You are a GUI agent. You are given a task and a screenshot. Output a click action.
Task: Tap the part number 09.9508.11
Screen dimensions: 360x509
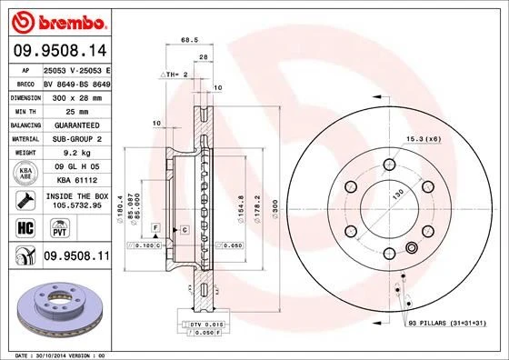pyautogui.click(x=76, y=259)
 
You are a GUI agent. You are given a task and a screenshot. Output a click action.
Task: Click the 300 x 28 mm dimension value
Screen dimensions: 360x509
pyautogui.click(x=76, y=95)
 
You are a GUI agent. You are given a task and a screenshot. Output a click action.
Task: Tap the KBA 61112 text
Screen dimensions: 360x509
pyautogui.click(x=76, y=180)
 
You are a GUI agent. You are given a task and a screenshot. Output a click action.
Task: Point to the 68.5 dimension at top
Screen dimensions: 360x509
pyautogui.click(x=189, y=40)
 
